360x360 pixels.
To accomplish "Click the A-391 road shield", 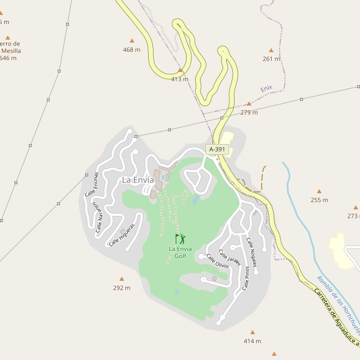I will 217,149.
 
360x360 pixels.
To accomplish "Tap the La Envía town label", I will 137,179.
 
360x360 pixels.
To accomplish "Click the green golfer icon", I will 179,239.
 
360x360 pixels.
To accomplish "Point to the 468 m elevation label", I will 131,50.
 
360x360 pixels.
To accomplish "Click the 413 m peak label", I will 179,79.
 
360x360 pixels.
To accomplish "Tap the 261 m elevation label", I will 271,59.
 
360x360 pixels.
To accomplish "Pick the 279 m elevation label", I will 249,112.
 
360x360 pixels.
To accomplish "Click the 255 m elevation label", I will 319,200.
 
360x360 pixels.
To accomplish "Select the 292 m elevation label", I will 122,288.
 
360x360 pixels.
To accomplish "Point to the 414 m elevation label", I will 252,341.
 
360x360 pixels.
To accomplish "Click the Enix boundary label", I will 266,88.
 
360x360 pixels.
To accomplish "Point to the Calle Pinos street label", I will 246,278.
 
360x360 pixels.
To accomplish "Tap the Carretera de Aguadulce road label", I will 336,319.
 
